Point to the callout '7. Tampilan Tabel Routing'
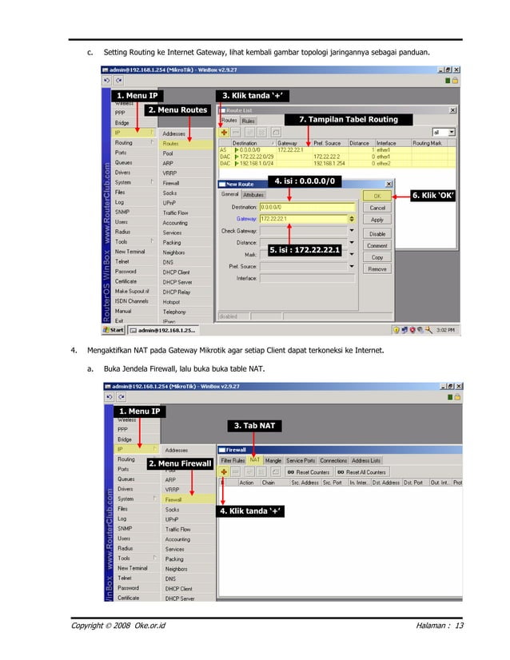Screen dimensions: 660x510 [348, 119]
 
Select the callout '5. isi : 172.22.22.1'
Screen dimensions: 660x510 [305, 250]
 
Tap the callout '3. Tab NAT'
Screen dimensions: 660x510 [254, 425]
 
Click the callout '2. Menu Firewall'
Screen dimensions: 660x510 [180, 463]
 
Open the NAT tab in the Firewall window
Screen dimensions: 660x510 [254, 460]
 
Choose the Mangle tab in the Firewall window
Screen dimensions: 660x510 [273, 460]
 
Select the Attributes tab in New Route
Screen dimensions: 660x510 [253, 194]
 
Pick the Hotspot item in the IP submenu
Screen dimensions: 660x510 [172, 301]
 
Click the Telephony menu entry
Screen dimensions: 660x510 [174, 312]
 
